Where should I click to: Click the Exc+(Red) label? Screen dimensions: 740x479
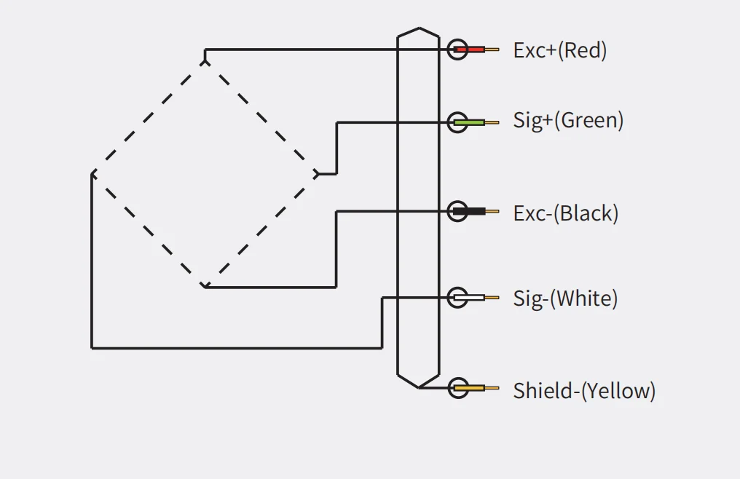click(x=559, y=50)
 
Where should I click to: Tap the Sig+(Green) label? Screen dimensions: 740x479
click(x=568, y=120)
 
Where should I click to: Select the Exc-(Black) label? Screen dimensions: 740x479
click(x=565, y=213)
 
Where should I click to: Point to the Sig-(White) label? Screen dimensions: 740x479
click(x=565, y=298)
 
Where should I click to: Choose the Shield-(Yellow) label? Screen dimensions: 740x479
click(x=584, y=391)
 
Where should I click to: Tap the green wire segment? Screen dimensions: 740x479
click(x=469, y=123)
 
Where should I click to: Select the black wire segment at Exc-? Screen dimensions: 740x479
click(x=469, y=211)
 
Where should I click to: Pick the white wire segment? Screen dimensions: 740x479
click(x=469, y=298)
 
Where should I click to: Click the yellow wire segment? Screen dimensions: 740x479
click(x=469, y=388)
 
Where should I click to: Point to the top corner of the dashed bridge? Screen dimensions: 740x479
click(x=205, y=62)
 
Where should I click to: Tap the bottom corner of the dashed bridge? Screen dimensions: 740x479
click(x=205, y=287)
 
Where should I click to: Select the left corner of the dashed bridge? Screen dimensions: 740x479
click(x=92, y=174)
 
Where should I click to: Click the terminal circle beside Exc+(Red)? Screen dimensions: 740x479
click(x=457, y=49)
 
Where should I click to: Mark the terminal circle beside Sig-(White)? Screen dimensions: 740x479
click(x=457, y=298)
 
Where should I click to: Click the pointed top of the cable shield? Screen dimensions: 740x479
click(x=419, y=28)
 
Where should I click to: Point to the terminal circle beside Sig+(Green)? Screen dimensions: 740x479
click(x=457, y=123)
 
